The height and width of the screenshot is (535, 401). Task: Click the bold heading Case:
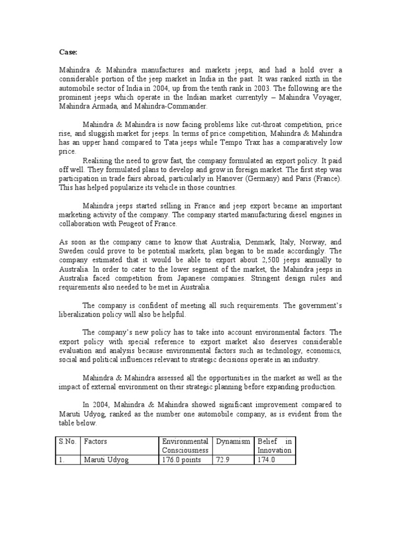(x=67, y=52)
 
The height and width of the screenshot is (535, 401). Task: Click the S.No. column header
(x=68, y=441)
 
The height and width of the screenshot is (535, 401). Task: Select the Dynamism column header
(x=232, y=441)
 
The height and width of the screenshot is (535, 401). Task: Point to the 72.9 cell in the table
(x=222, y=459)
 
